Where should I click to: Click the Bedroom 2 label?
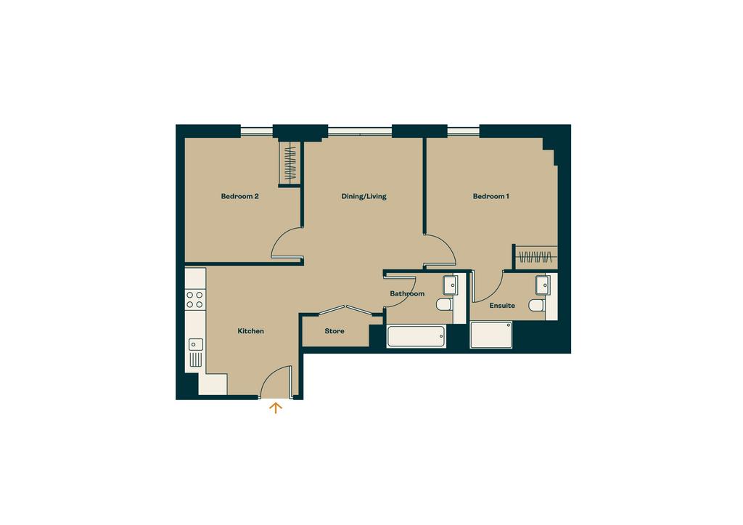pos(239,196)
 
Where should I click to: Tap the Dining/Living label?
pos(364,196)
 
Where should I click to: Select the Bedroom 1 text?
pos(491,196)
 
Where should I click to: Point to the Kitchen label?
pos(250,331)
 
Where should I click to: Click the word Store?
pos(334,331)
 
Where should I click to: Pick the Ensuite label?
pos(502,306)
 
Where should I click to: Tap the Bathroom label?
pos(407,294)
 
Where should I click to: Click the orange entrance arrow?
pos(276,408)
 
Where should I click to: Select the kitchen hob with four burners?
pos(194,300)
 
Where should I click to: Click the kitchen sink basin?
pos(196,344)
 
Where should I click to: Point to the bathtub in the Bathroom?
pos(416,336)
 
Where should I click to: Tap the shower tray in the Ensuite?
pos(491,335)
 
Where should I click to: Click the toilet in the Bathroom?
pos(445,304)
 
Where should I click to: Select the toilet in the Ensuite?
pos(537,305)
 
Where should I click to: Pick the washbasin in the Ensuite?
pos(543,285)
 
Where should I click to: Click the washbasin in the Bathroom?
pos(450,285)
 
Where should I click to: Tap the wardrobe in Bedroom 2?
pos(290,163)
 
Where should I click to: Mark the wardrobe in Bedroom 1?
pos(535,258)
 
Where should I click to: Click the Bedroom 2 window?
pos(257,131)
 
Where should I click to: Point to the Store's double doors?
pos(345,309)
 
